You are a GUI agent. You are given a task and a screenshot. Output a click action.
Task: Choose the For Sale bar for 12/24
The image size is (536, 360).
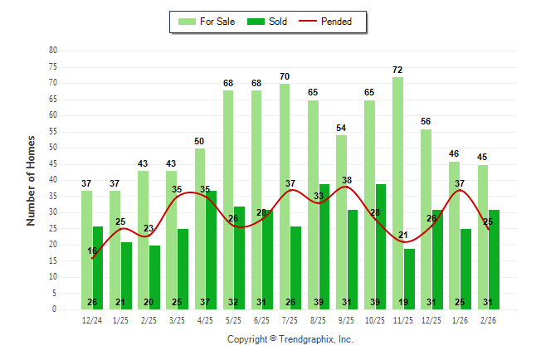coord(86,250)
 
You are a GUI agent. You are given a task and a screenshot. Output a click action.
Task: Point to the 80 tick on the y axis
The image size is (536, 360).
coord(53,51)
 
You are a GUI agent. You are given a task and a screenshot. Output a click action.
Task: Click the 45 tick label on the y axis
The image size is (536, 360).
coord(53,163)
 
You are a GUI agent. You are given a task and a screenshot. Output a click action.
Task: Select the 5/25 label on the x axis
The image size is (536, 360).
coord(233,320)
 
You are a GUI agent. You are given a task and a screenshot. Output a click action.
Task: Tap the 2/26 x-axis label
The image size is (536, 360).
coord(488,320)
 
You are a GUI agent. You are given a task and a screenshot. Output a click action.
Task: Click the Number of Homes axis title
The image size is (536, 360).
coord(31,180)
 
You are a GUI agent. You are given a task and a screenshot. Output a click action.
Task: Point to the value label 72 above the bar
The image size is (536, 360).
coord(397,70)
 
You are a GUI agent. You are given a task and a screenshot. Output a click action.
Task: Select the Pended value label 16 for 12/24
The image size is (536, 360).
coord(92,251)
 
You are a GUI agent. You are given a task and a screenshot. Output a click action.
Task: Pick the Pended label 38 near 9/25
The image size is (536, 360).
coord(346,180)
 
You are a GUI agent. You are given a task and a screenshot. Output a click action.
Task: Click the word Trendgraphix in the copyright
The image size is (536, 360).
coord(307,339)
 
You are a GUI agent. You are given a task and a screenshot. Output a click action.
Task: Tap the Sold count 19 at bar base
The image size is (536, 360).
coord(409,302)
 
